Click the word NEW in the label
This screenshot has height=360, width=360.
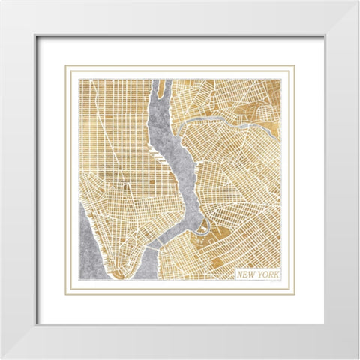[246, 274]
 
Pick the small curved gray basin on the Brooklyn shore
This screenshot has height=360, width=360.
[201, 226]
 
